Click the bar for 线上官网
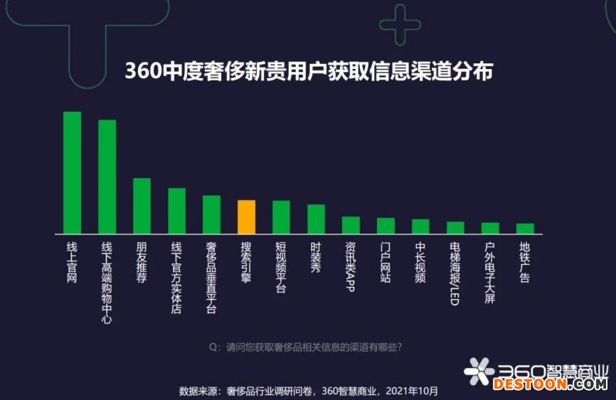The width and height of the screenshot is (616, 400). click(x=72, y=172)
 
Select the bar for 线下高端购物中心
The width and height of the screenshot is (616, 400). click(x=107, y=177)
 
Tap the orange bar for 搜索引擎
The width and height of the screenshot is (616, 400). click(x=246, y=217)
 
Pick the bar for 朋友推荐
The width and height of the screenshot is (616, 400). click(x=142, y=206)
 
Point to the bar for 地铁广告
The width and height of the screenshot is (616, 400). click(x=525, y=228)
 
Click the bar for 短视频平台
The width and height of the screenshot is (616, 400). click(x=281, y=217)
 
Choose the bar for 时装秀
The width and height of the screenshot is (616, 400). click(x=316, y=219)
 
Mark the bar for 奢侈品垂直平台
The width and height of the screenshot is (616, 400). click(x=211, y=214)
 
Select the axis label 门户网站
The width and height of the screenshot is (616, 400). click(x=386, y=262)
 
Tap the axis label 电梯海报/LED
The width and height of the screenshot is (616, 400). click(x=455, y=273)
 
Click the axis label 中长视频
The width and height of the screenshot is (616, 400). click(x=420, y=262)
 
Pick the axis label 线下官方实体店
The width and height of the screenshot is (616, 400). click(x=176, y=278)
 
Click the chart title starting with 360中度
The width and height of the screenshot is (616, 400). click(x=308, y=72)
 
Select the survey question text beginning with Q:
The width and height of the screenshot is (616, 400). click(x=306, y=347)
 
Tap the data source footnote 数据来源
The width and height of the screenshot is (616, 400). click(x=308, y=391)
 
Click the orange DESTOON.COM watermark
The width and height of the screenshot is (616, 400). click(x=550, y=384)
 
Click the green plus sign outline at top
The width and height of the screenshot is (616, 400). click(x=400, y=24)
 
